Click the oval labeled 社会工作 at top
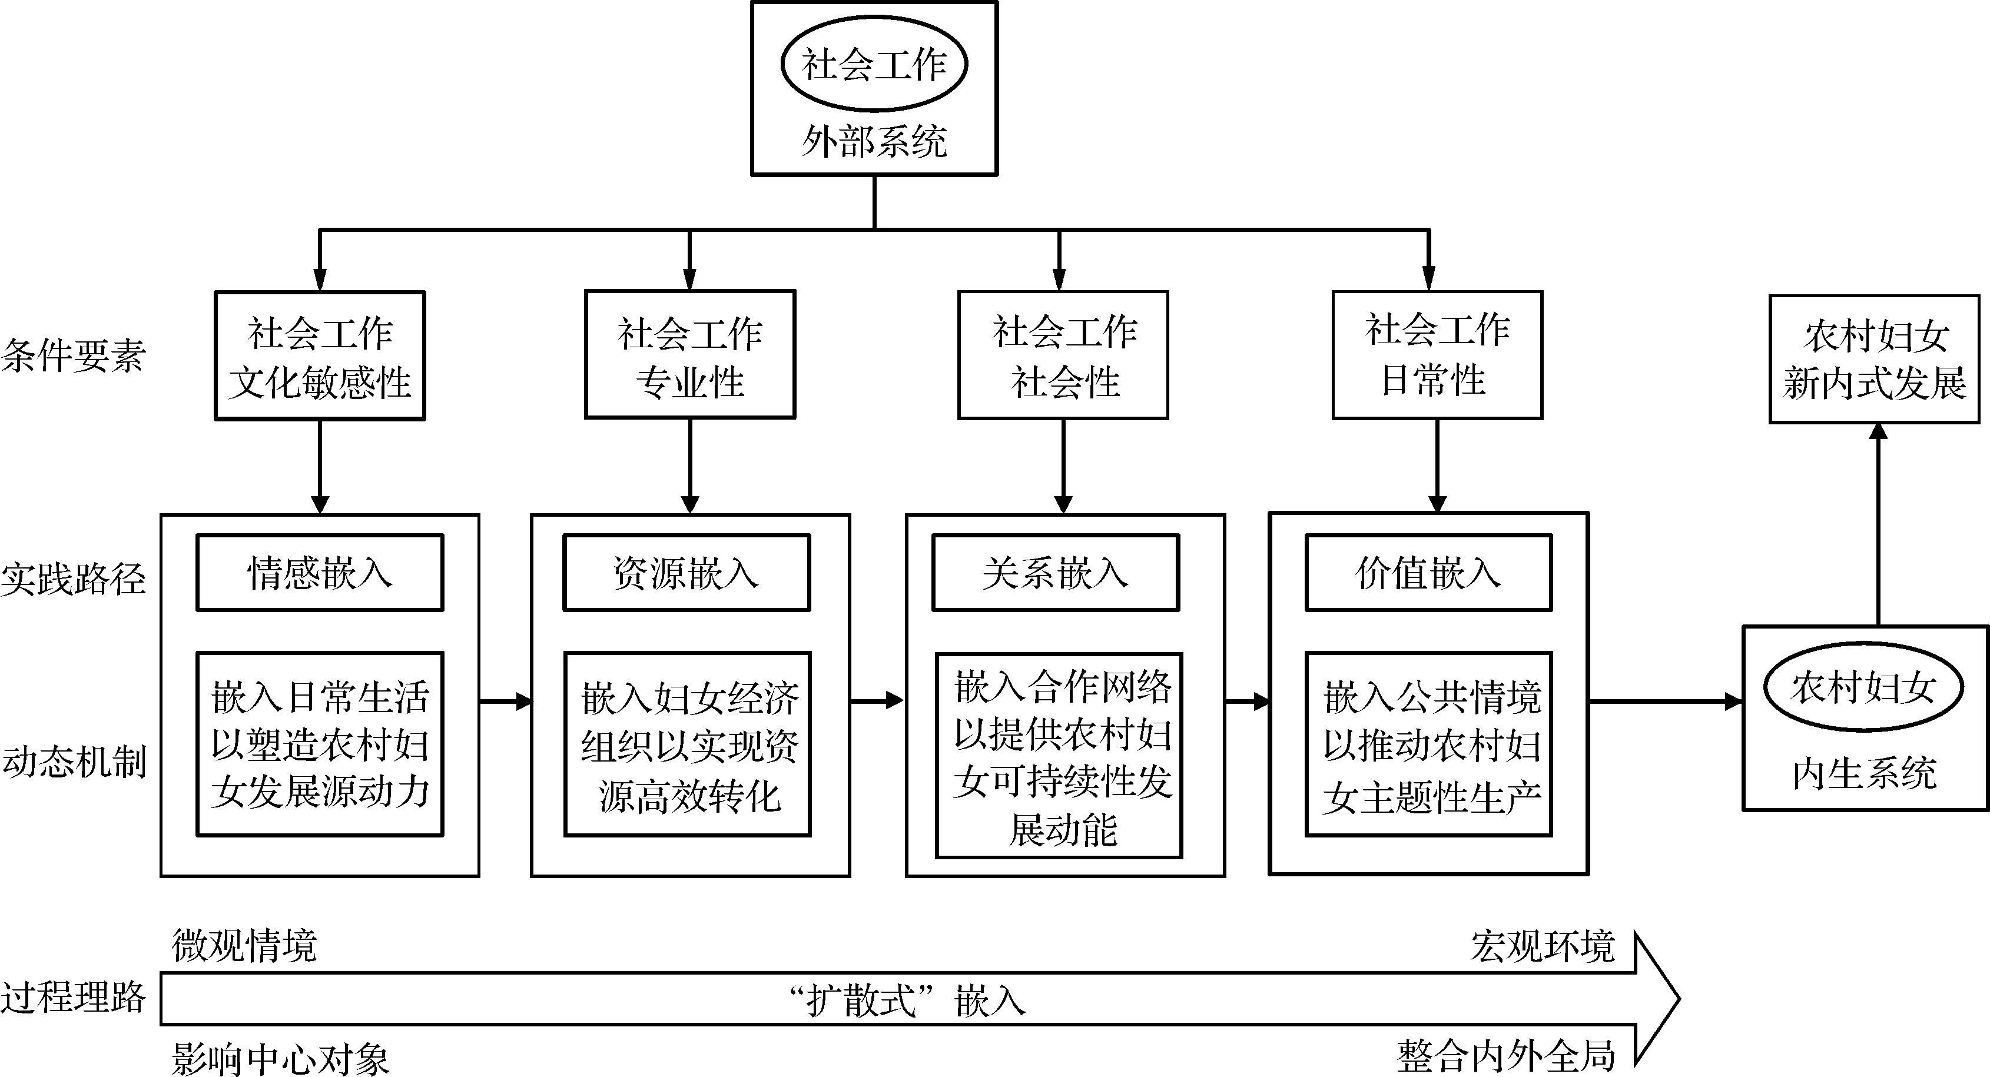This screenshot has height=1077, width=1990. [x=874, y=65]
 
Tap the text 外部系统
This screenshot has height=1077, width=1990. [x=874, y=142]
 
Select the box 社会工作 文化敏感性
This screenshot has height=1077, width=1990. [x=320, y=356]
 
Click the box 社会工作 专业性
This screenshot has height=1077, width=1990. [x=690, y=355]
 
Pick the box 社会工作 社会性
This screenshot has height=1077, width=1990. [x=1063, y=355]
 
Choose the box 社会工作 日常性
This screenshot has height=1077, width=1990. [x=1437, y=355]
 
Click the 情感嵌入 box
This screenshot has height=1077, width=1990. [x=320, y=573]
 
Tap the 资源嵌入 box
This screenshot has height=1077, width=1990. [x=686, y=573]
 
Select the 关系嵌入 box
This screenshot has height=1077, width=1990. [x=1055, y=573]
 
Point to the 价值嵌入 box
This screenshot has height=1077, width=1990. [x=1428, y=573]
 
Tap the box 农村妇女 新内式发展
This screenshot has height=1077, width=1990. [x=1874, y=360]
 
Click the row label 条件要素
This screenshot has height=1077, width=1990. [x=74, y=357]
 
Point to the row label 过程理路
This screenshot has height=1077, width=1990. [x=74, y=997]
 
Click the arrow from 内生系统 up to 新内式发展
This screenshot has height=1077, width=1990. [x=1878, y=525]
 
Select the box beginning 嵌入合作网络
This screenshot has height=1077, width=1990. [x=1059, y=756]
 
